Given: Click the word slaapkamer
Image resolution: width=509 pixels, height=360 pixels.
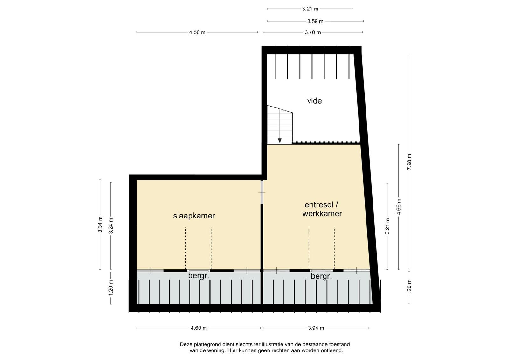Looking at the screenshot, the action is click(194, 216).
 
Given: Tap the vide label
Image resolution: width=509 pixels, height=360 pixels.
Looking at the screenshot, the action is click(315, 101).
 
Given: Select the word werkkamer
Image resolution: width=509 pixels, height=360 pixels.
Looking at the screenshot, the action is click(322, 214).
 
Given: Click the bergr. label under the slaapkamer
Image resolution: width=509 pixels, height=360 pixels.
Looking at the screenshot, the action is click(199, 276).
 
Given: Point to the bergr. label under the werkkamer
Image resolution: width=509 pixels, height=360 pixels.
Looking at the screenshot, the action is click(321, 276).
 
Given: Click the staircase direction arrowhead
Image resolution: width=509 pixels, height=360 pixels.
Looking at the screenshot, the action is click(280, 141).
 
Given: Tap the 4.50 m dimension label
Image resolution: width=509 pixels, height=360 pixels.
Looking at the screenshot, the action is click(197, 32).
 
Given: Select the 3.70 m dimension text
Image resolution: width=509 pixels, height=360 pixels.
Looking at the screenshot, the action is click(313, 32).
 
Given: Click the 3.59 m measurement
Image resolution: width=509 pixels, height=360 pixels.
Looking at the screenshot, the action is click(315, 21).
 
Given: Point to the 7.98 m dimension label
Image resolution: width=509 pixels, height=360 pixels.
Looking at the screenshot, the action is click(409, 162).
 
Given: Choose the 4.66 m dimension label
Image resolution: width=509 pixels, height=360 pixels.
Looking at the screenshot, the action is click(399, 206).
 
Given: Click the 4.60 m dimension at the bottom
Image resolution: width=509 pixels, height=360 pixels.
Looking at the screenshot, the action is click(199, 328).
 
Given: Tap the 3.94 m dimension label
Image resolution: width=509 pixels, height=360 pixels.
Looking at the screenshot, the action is click(316, 328).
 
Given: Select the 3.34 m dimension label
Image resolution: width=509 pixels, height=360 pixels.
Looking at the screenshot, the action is click(100, 225).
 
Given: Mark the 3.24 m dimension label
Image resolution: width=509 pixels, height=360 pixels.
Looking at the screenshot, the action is click(111, 226).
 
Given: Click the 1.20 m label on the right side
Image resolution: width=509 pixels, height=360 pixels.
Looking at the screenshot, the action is click(409, 288).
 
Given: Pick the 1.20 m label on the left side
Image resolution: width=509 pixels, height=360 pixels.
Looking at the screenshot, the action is click(111, 288).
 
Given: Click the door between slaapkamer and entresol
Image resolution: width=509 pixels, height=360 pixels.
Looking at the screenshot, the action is click(262, 192).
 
